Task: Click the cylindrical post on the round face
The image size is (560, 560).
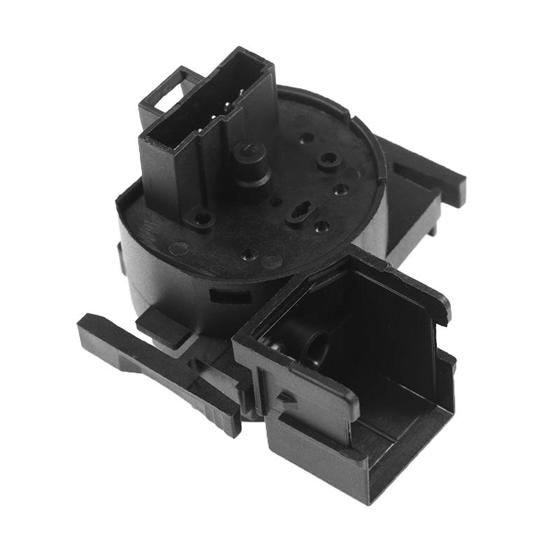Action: (250, 157)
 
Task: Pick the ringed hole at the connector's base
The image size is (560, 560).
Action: (203, 221)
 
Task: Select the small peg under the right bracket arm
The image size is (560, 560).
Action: (435, 227)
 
